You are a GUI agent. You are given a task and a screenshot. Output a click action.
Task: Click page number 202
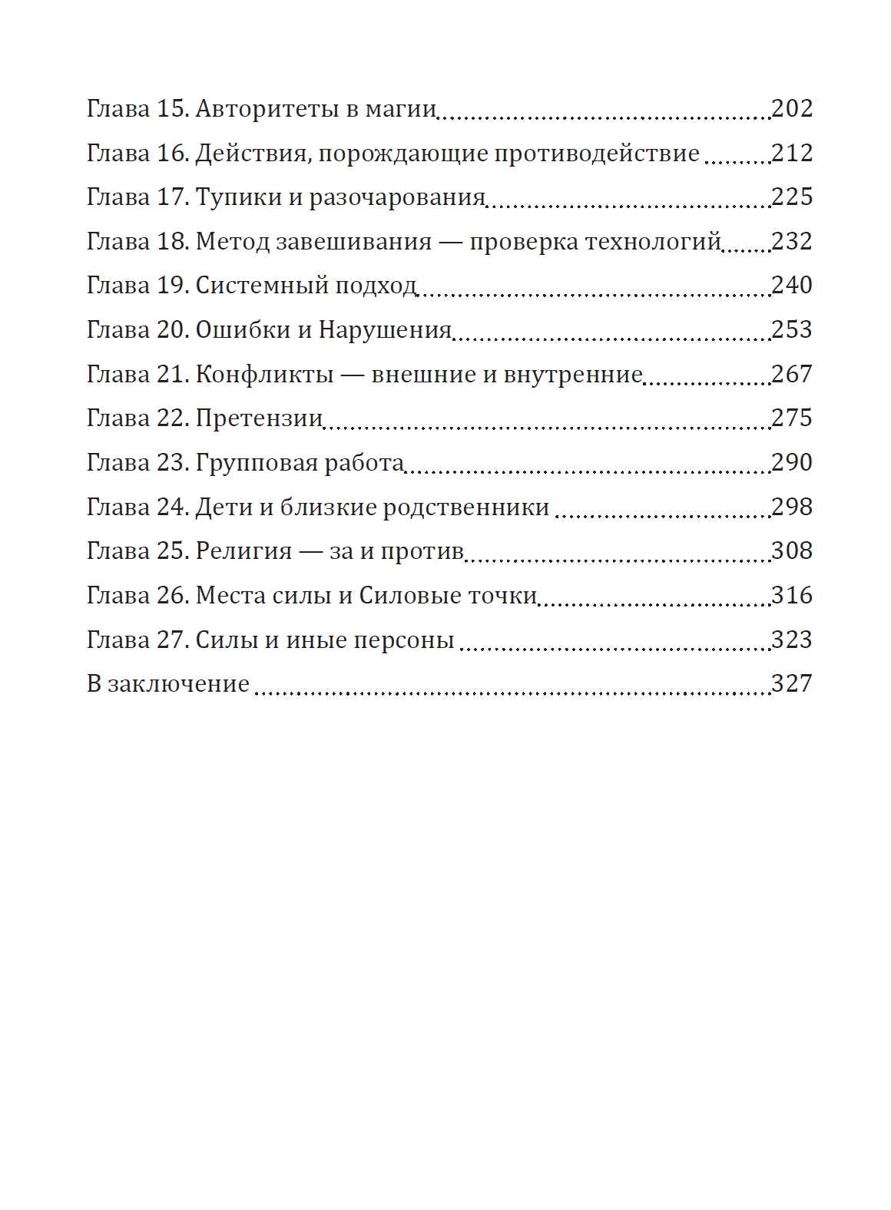click(x=791, y=109)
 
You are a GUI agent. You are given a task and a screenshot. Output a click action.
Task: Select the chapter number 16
click(x=172, y=154)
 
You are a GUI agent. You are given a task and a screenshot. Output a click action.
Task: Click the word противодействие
click(x=596, y=154)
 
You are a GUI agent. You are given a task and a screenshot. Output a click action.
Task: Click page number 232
click(x=791, y=242)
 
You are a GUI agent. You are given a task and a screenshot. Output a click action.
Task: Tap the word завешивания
click(x=353, y=242)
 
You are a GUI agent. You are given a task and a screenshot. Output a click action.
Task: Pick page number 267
click(x=791, y=375)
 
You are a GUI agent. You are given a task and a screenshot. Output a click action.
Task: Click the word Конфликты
click(x=264, y=375)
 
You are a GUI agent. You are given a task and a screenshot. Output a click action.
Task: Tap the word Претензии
click(x=259, y=418)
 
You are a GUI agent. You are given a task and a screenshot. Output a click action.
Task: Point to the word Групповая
click(x=257, y=463)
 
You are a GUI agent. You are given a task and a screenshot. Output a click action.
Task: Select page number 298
click(x=791, y=507)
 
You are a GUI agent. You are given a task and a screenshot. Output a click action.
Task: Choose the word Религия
click(x=243, y=551)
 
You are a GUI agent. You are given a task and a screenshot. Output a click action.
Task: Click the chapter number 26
click(x=172, y=596)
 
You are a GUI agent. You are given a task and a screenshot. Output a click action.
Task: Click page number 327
click(x=791, y=684)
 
